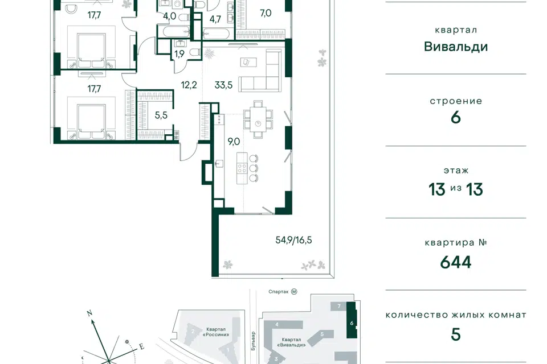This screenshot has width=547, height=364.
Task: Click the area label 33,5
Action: pyautogui.click(x=223, y=85)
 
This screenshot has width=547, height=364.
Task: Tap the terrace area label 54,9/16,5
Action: pyautogui.click(x=294, y=240)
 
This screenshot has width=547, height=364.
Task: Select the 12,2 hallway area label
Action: pyautogui.click(x=189, y=85)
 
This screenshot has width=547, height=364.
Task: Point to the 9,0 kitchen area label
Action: pyautogui.click(x=234, y=142)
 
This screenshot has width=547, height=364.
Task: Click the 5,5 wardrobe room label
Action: pyautogui.click(x=161, y=115)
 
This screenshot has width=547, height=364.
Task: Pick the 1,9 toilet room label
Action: pyautogui.click(x=179, y=54)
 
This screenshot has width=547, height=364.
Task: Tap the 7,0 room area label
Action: pyautogui.click(x=266, y=13)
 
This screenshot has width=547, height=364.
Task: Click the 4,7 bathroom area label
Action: pyautogui.click(x=215, y=19)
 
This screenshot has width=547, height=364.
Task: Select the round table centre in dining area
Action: pyautogui.click(x=258, y=123)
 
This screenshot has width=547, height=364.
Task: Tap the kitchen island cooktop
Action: pyautogui.click(x=242, y=168)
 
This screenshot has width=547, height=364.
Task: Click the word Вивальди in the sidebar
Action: pyautogui.click(x=456, y=47)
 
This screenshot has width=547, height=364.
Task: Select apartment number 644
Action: pyautogui.click(x=456, y=262)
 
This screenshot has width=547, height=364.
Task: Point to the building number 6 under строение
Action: pyautogui.click(x=456, y=118)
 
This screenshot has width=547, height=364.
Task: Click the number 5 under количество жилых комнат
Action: pyautogui.click(x=456, y=334)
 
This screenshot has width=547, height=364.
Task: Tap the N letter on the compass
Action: pyautogui.click(x=89, y=313)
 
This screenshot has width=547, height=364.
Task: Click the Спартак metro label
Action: pyautogui.click(x=279, y=292)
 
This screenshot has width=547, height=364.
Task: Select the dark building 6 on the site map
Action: pyautogui.click(x=352, y=320)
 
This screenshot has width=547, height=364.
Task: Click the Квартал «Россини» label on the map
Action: pyautogui.click(x=215, y=332)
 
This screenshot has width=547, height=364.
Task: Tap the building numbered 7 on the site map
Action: pyautogui.click(x=338, y=306)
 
